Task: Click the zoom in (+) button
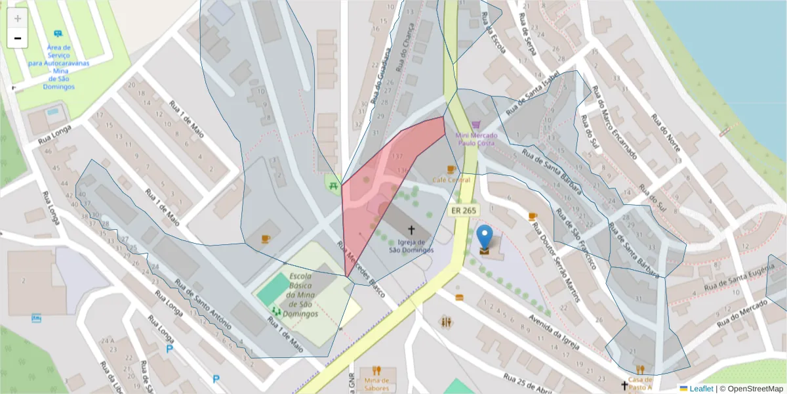click(x=17, y=18)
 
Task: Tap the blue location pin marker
click(x=484, y=238)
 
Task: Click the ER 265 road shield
click(x=464, y=210)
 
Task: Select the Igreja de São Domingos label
click(x=411, y=246)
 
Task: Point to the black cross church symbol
click(x=412, y=230)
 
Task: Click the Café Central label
click(x=451, y=179)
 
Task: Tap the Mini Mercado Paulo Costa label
click(x=476, y=139)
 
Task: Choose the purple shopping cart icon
click(x=476, y=125)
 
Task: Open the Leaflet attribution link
click(x=701, y=389)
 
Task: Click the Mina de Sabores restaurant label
click(x=376, y=383)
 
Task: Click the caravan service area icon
click(x=58, y=33)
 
